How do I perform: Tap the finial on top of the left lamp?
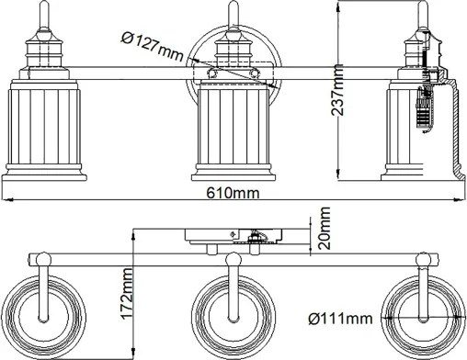point(42,13)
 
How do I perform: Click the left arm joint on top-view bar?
point(42,260)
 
